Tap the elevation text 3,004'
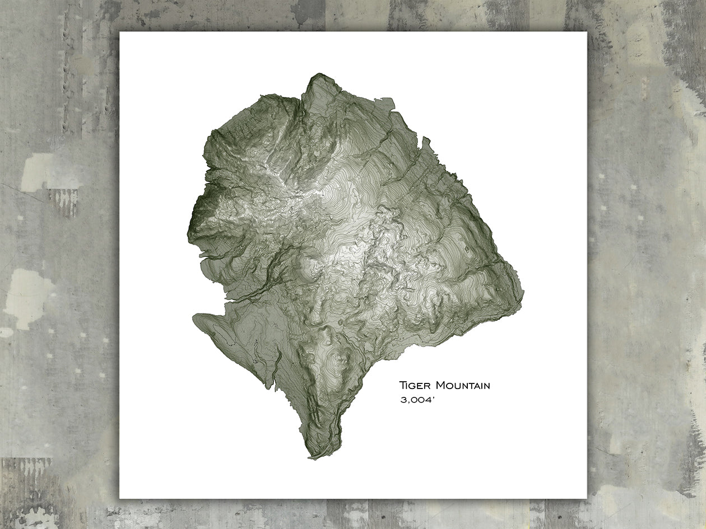pyautogui.click(x=418, y=400)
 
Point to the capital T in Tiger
pyautogui.click(x=402, y=385)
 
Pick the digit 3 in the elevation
pyautogui.click(x=403, y=400)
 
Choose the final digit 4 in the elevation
pyautogui.click(x=429, y=400)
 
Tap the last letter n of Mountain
pyautogui.click(x=487, y=386)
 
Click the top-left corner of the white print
pyautogui.click(x=120, y=32)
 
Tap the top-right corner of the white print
pyautogui.click(x=586, y=32)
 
